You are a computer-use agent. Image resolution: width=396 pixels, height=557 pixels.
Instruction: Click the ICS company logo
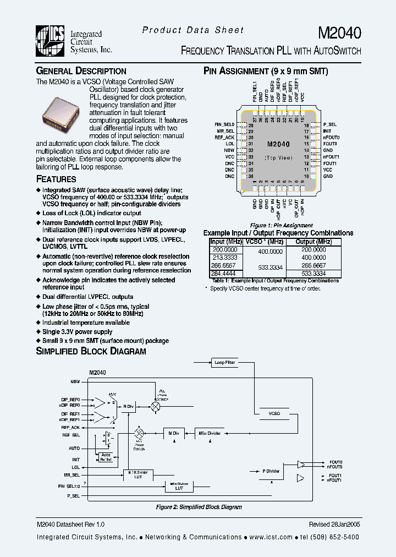(x=52, y=41)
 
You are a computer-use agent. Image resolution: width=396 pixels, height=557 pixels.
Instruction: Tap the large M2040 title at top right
(x=339, y=34)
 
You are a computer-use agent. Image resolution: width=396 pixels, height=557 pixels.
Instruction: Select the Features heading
(x=56, y=179)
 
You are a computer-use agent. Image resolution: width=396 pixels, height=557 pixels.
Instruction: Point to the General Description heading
(x=81, y=71)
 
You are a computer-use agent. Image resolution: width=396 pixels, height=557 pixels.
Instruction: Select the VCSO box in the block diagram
(x=274, y=413)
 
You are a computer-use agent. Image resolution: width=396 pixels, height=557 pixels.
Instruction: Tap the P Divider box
(x=271, y=471)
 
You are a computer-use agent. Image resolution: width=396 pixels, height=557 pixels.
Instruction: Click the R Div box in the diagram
(x=128, y=406)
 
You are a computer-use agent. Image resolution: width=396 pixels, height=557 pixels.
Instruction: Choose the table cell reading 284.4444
(x=225, y=273)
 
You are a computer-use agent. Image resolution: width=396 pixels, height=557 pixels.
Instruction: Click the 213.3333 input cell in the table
(x=225, y=257)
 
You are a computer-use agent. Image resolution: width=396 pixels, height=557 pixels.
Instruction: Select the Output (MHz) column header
(x=313, y=242)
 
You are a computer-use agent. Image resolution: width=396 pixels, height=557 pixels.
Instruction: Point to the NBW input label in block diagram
(x=75, y=381)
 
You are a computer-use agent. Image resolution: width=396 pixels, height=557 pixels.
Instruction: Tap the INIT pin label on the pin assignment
(x=327, y=131)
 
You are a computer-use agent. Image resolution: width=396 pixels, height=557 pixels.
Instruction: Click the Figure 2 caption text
(x=199, y=507)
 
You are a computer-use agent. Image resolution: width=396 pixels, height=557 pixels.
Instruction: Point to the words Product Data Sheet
(x=193, y=30)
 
